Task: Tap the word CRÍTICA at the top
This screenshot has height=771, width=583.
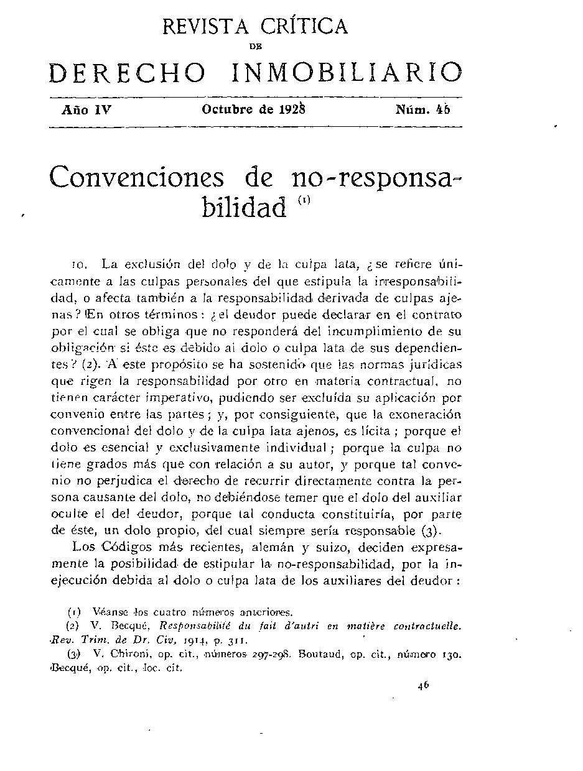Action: tap(304, 26)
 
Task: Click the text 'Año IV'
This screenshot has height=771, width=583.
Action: tap(86, 110)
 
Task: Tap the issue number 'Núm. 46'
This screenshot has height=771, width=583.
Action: tap(422, 110)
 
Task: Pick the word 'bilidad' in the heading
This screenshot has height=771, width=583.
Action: tap(245, 207)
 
